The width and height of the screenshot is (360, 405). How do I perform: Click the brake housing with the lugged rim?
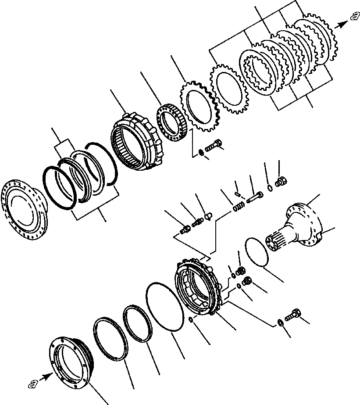pos(197,287)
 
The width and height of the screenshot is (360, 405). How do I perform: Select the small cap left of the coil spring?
pos(209,216)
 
